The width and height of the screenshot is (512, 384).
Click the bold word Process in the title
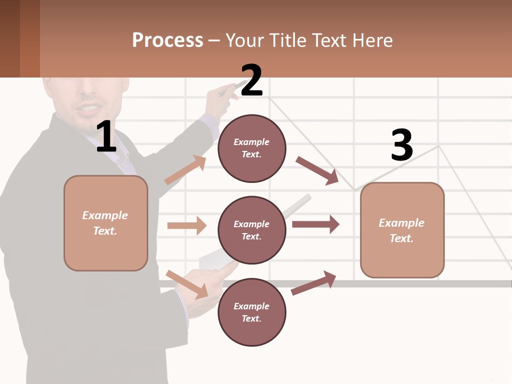tap(167, 41)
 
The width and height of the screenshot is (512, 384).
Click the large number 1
tap(106, 137)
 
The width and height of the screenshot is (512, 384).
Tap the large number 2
tap(252, 81)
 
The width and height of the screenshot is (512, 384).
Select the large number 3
tap(402, 145)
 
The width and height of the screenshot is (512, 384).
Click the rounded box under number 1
tap(106, 223)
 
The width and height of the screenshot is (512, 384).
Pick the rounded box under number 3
tap(402, 230)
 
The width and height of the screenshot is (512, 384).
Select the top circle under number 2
tap(252, 148)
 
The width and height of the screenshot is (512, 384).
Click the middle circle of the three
tap(252, 230)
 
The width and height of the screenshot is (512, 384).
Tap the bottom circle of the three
tap(252, 313)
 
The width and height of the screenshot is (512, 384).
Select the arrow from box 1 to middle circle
tap(187, 226)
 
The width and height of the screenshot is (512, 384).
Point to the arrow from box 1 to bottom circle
tap(187, 284)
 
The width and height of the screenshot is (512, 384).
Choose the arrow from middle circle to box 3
tap(316, 224)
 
